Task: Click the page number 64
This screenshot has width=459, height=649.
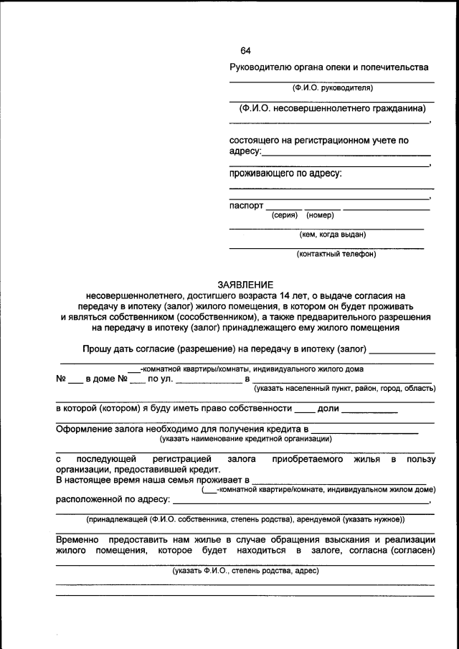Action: (x=245, y=50)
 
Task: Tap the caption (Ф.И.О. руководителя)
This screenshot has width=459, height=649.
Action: (x=332, y=88)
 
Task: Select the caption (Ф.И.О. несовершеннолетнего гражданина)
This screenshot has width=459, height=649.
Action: (x=332, y=108)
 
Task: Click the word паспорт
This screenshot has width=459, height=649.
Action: (x=246, y=205)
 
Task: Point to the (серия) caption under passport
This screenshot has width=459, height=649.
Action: (x=285, y=215)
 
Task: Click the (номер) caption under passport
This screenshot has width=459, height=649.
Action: (x=320, y=215)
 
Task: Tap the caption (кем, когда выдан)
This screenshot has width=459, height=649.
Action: (x=332, y=234)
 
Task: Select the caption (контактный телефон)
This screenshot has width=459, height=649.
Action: (x=332, y=253)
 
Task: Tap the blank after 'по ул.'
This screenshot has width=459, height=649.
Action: (x=208, y=380)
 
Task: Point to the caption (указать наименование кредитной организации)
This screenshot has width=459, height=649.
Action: (x=245, y=438)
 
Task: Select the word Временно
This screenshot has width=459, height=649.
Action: (x=77, y=539)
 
